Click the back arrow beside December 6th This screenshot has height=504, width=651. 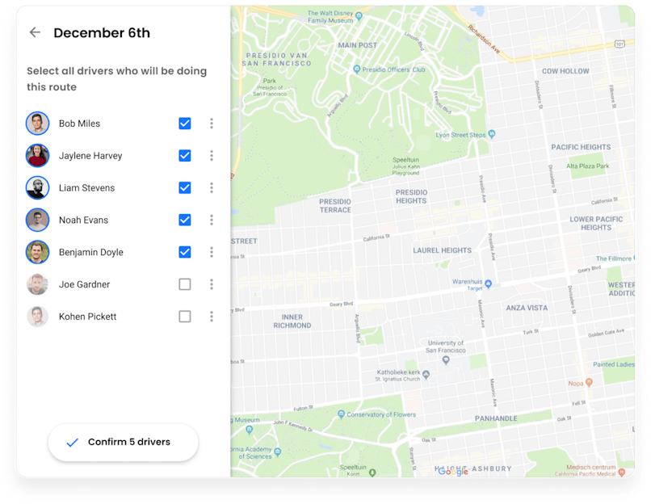[x=35, y=33]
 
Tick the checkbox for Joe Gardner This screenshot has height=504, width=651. [x=185, y=284]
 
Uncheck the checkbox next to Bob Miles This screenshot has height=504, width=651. [x=185, y=124]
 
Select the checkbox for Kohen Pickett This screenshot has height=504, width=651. [x=185, y=317]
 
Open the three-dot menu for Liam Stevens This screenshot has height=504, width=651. [x=212, y=188]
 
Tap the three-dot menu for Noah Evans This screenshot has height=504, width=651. [x=212, y=220]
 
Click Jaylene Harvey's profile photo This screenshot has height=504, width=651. [x=37, y=156]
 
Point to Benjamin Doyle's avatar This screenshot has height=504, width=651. [x=37, y=252]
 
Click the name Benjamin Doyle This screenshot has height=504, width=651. [x=91, y=253]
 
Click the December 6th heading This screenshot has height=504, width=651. [x=102, y=33]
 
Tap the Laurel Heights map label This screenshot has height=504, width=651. [x=442, y=250]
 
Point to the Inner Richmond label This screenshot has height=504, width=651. [x=292, y=321]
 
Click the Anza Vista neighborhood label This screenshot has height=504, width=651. [x=527, y=308]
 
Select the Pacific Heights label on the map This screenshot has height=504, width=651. [x=581, y=148]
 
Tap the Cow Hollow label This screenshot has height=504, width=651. [x=565, y=71]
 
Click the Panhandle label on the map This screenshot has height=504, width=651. [x=496, y=418]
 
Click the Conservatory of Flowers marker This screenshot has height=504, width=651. [x=342, y=414]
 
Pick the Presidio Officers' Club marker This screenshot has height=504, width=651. [x=356, y=70]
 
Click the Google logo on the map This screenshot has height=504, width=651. [x=453, y=472]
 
